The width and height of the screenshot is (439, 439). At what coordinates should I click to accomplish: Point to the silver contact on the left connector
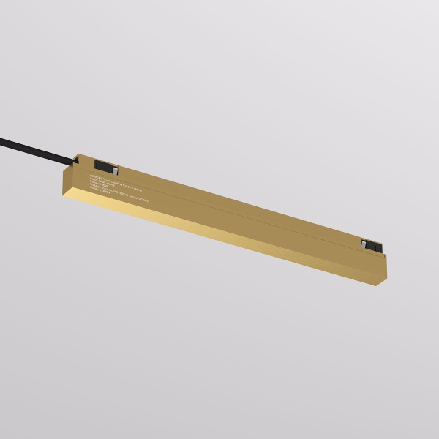tap(102, 166)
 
